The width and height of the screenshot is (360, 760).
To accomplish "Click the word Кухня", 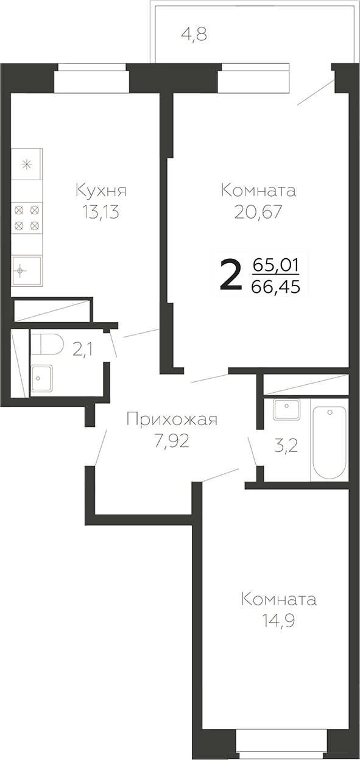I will point(101,191).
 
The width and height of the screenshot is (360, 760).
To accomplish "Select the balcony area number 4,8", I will point(194,35).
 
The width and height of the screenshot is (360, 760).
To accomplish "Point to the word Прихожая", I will point(172,419).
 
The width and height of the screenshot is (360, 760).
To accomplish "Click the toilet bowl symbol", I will point(48,344).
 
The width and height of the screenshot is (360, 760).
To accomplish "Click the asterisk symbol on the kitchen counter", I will point(27,164).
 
